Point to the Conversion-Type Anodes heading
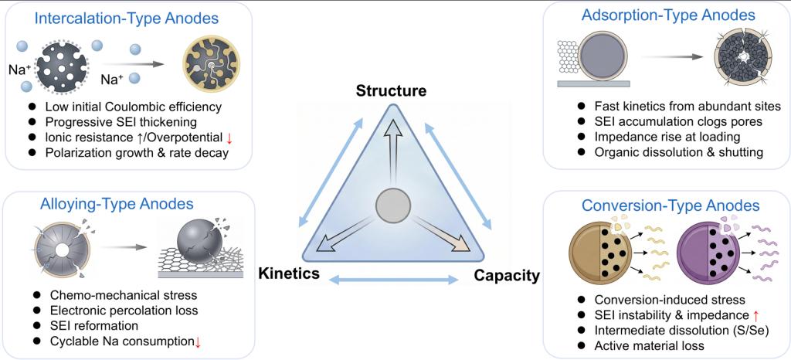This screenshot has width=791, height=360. tap(671, 205)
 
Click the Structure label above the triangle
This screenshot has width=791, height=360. tap(391, 91)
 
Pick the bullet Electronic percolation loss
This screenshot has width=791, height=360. tap(121, 311)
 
